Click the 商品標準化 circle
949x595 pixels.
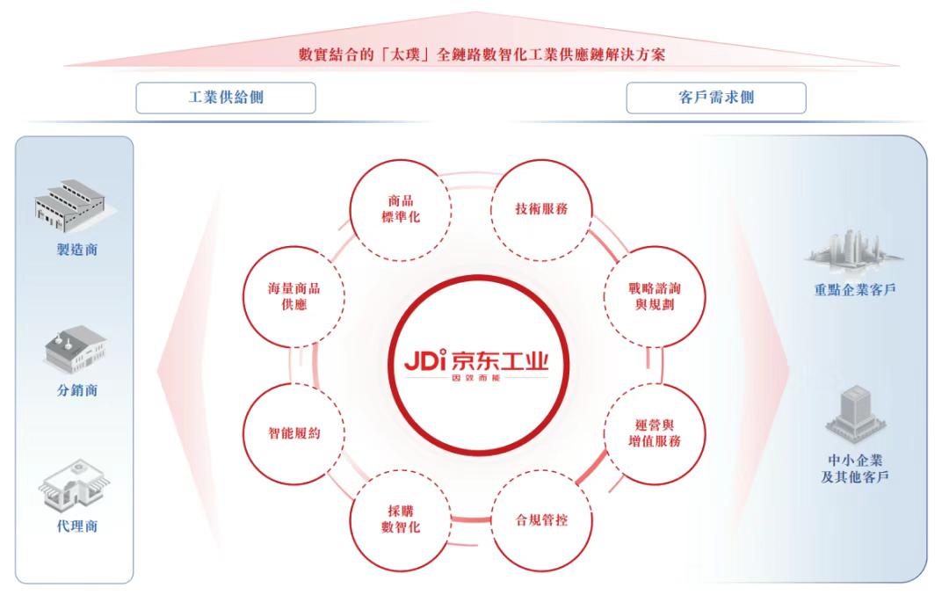pos(401,209)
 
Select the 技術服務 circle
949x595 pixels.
pos(541,209)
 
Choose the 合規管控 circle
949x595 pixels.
pos(541,519)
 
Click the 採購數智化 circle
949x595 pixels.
pos(401,519)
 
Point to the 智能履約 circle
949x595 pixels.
pos(293,433)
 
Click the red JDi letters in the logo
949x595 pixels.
pos(426,360)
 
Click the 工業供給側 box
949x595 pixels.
pos(226,98)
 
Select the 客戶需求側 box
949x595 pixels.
pos(716,98)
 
